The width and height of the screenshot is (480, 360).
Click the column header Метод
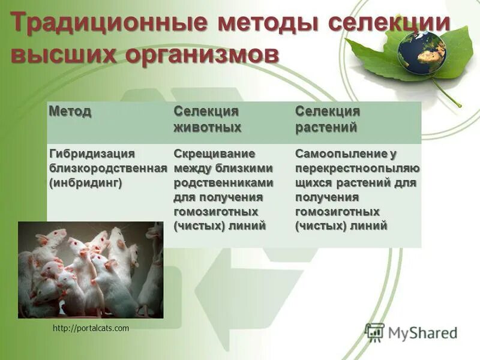[70, 112]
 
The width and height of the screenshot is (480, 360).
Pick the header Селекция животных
[207, 119]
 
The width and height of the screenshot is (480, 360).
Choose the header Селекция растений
[327, 119]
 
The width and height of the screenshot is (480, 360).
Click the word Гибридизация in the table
[91, 154]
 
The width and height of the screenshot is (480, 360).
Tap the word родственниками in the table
[223, 183]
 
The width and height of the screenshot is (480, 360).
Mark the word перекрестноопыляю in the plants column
[357, 169]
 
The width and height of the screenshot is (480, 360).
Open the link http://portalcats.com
[91, 328]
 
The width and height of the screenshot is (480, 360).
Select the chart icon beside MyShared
[375, 332]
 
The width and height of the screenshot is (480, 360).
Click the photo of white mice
[91, 270]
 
